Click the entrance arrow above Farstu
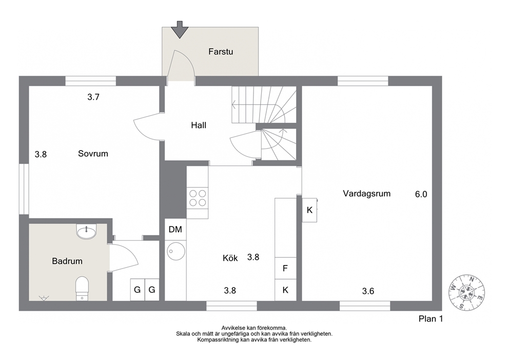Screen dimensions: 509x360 click(x=180, y=30)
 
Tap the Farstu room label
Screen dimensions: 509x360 click(x=221, y=52)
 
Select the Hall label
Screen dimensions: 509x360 click(x=199, y=125)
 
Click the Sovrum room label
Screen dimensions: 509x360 click(x=93, y=154)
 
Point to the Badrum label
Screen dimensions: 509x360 click(x=67, y=261)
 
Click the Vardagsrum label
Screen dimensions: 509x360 click(x=367, y=194)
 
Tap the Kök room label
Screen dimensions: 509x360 click(x=230, y=258)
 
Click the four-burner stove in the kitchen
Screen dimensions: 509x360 click(x=198, y=198)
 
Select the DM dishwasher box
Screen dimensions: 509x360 click(x=175, y=230)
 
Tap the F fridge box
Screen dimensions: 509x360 click(x=285, y=269)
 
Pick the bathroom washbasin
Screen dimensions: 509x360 click(x=87, y=231)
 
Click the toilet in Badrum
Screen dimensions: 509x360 click(x=82, y=288)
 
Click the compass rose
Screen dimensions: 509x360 click(x=466, y=292)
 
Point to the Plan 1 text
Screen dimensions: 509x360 click(x=431, y=319)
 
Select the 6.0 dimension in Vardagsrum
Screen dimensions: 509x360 click(x=421, y=194)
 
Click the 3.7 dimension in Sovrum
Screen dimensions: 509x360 click(x=93, y=97)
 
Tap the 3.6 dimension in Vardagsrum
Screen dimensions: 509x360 click(x=368, y=291)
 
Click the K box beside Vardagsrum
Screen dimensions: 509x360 click(x=310, y=210)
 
